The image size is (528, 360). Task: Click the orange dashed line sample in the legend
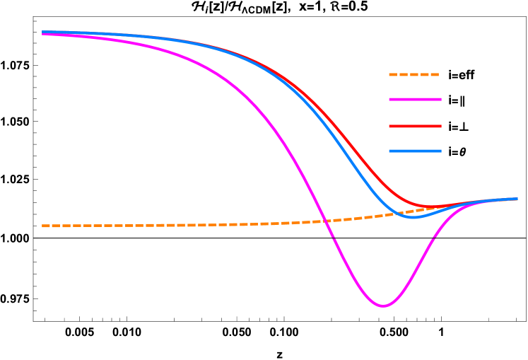(414, 74)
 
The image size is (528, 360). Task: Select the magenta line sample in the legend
(415, 100)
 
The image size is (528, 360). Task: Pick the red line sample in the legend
(415, 127)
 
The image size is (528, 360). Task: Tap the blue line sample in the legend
(415, 151)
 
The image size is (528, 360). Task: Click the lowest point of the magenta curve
(383, 306)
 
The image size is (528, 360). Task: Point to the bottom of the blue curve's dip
(413, 217)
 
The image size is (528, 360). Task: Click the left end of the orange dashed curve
(43, 226)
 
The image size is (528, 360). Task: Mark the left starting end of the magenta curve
(43, 33)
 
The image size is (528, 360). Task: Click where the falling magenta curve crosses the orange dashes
(327, 221)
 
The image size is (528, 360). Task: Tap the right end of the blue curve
(517, 199)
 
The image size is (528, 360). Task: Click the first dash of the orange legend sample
(393, 74)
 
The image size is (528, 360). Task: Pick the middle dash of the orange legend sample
(414, 74)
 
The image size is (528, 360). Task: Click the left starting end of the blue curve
(43, 32)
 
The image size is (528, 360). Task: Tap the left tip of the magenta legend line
(389, 100)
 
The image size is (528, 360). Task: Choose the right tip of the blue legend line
(441, 151)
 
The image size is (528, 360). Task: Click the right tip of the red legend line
(441, 127)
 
